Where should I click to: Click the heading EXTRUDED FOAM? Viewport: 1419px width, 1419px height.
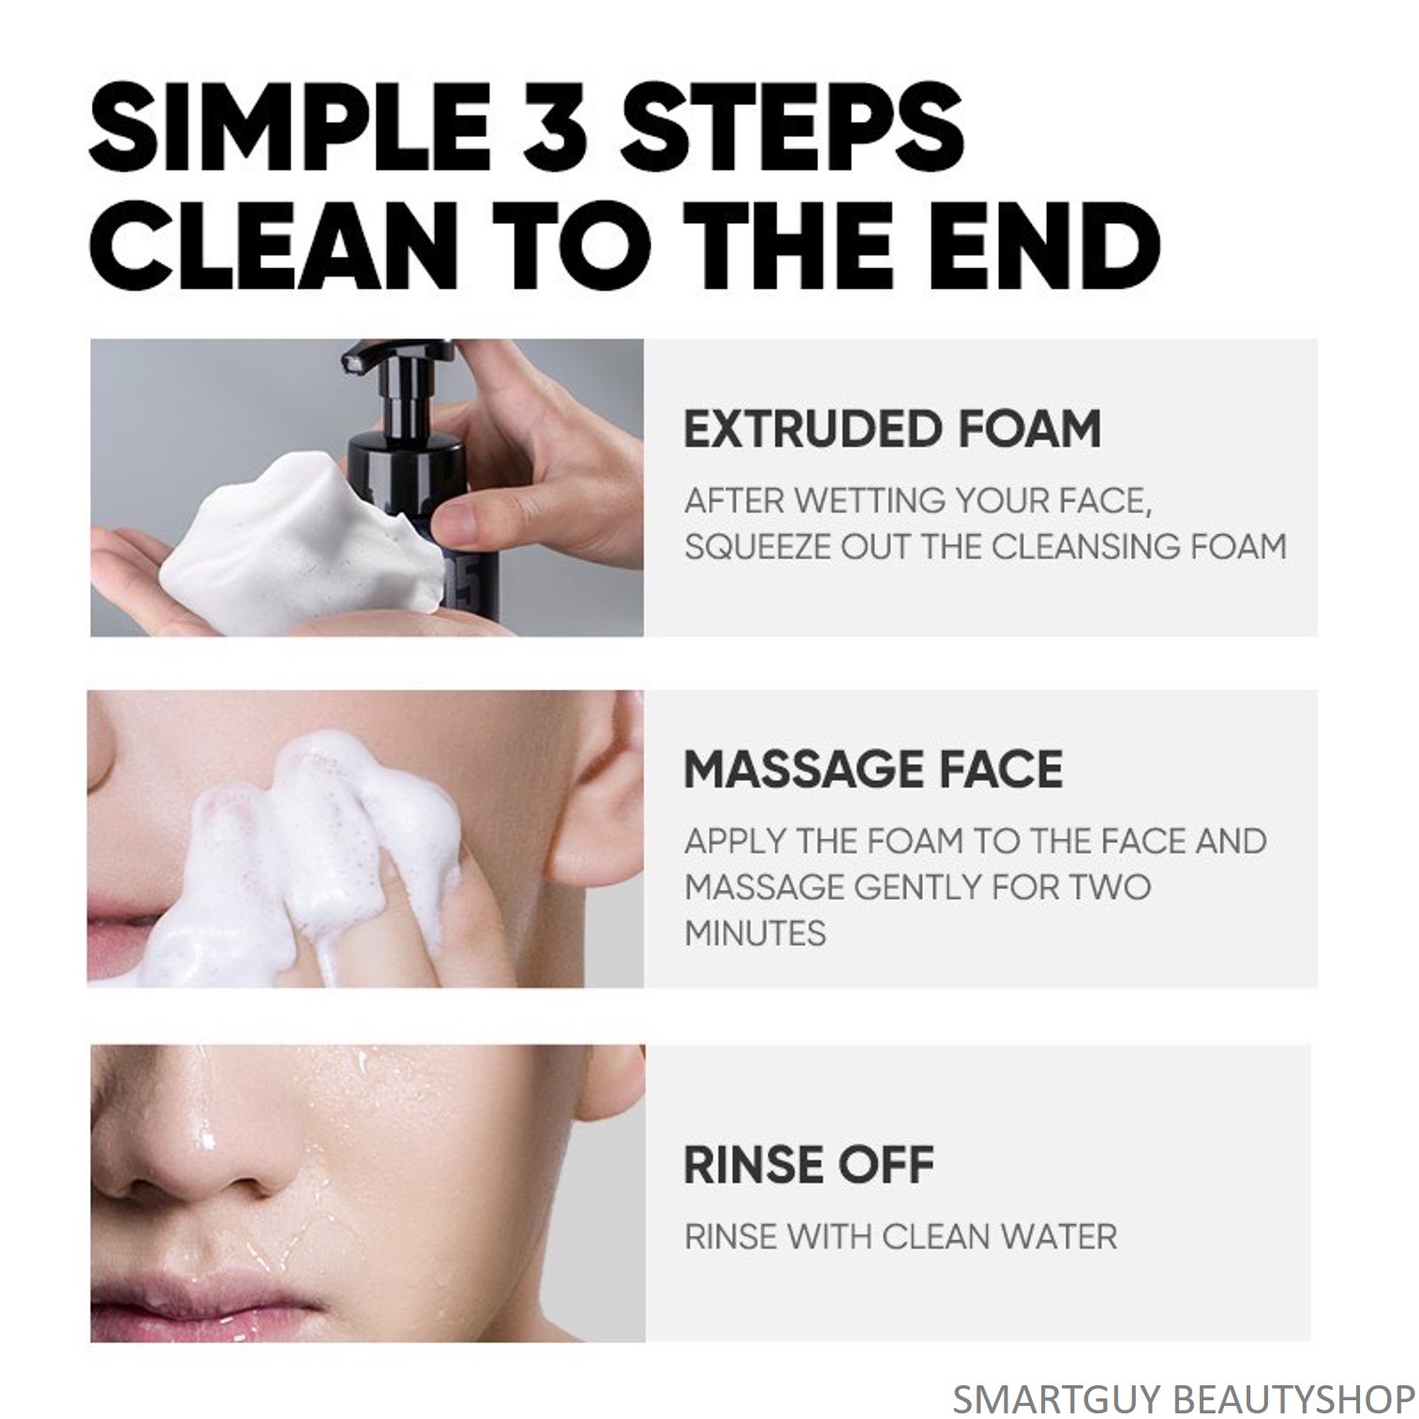(891, 429)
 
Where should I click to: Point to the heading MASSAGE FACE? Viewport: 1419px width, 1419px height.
(873, 769)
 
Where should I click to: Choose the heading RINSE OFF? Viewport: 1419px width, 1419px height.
(809, 1165)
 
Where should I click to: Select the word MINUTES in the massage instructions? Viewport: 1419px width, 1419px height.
(755, 934)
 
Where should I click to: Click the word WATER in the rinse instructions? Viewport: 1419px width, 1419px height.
(1057, 1237)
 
